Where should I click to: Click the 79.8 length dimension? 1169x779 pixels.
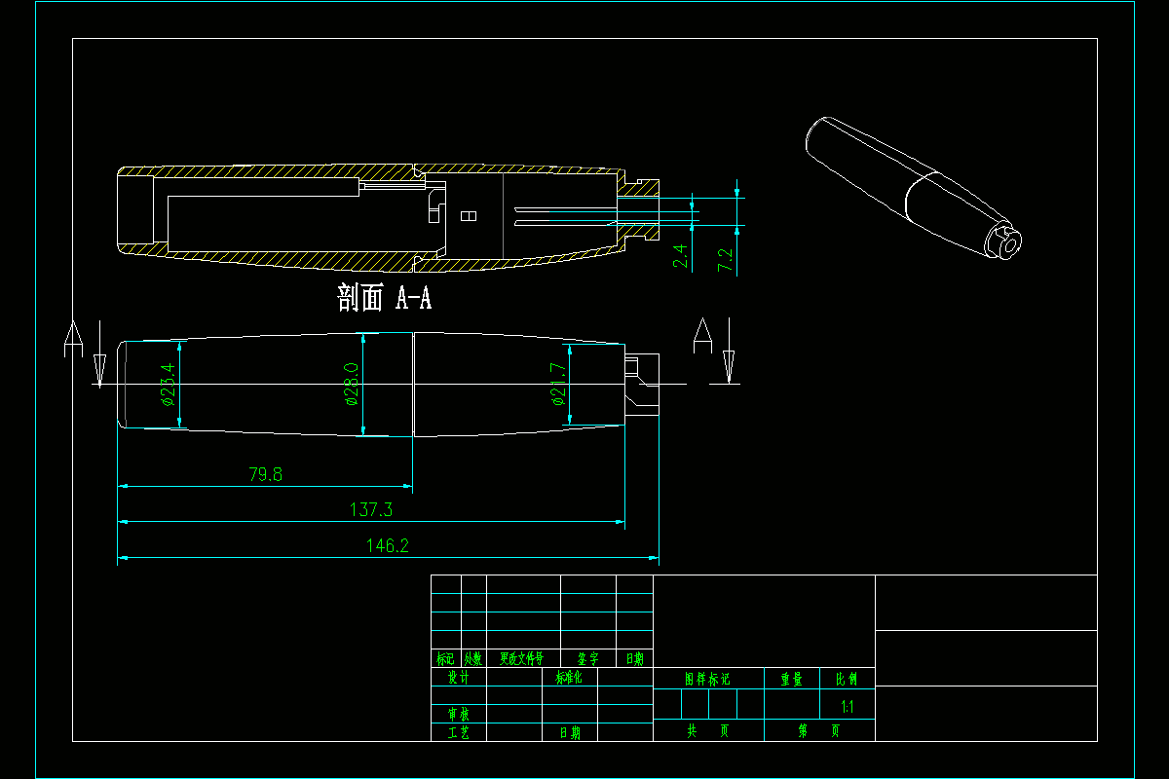pos(265,475)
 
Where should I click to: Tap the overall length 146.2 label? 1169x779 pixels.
pos(387,546)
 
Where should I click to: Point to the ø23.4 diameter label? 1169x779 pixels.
pos(168,384)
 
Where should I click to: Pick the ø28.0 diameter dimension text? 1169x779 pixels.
pos(351,384)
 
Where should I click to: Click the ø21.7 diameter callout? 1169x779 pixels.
pos(557,384)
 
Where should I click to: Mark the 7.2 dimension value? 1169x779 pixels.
pos(725,259)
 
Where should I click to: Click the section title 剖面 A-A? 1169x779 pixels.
pos(384,298)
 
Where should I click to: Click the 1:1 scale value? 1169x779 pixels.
pos(848,707)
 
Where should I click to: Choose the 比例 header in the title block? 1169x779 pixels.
pos(840,679)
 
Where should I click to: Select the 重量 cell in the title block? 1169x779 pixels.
pos(790,679)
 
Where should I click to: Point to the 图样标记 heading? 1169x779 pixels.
pos(707,679)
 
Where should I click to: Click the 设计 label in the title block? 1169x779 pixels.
pos(458,677)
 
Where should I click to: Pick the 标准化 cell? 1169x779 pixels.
pos(569,677)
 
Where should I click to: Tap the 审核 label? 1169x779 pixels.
pos(458,715)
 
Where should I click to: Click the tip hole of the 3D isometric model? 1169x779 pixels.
pos(1009,242)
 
